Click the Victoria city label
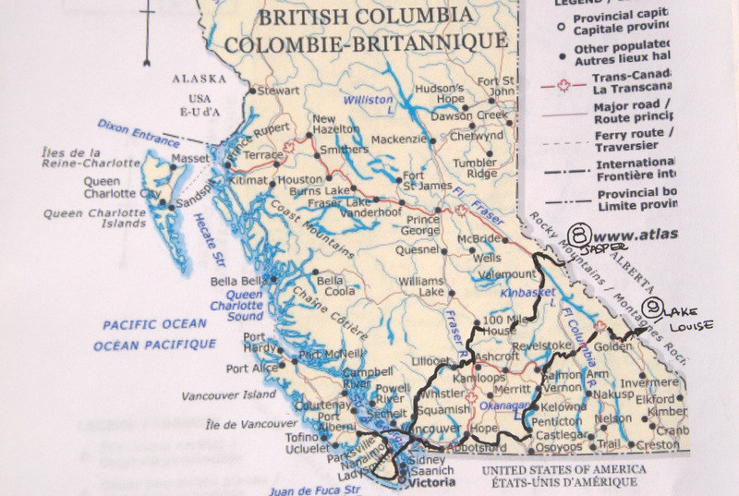point(434,481)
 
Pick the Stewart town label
point(279,91)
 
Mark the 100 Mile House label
point(499,324)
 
